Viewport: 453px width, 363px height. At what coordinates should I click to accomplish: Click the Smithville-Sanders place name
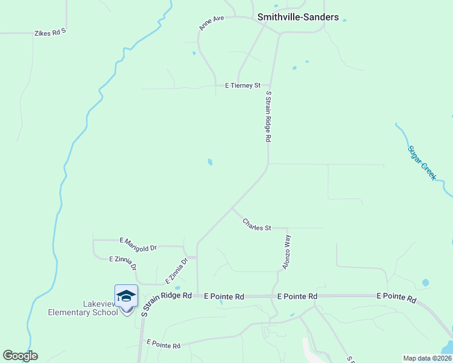point(298,17)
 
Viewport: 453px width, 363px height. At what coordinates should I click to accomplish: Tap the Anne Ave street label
point(211,23)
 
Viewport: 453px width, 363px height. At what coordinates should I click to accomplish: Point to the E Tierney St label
point(242,86)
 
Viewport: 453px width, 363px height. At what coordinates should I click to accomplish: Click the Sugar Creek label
point(422,162)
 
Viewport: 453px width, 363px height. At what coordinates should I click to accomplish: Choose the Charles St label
point(257,224)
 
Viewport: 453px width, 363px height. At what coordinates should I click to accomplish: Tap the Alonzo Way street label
point(286,252)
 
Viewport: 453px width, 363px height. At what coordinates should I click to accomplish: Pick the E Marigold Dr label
point(138,244)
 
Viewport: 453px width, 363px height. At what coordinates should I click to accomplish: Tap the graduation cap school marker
point(126,296)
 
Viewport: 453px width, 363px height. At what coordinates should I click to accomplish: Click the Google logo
point(20,356)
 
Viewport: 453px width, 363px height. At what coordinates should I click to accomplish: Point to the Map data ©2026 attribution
point(427,358)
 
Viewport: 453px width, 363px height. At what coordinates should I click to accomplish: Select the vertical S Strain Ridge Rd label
point(268,116)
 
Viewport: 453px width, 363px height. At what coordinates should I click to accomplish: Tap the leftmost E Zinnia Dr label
point(123,263)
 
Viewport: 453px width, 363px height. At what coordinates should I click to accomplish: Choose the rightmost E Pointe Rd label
point(396,298)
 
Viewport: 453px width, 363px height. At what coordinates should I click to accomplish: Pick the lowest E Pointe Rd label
point(164,344)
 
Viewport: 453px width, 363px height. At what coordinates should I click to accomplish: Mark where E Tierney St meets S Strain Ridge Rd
point(270,86)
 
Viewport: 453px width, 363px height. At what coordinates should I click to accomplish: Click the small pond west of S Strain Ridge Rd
point(210,162)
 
